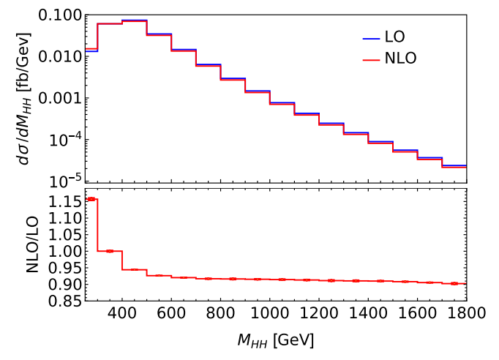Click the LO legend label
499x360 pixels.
397,36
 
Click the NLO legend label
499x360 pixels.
401,59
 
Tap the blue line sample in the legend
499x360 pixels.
371,36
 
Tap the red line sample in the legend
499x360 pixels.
371,59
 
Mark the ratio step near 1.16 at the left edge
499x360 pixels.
91,199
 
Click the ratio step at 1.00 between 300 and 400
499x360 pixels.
110,251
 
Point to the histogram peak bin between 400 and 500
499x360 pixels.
135,20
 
